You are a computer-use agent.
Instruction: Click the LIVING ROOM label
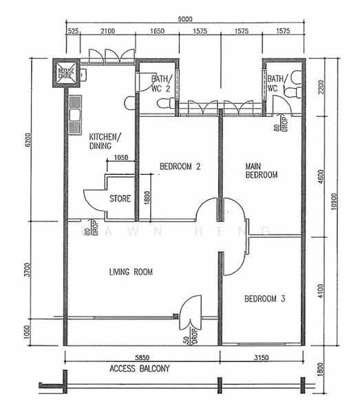(131, 273)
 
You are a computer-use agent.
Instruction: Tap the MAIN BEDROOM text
(261, 170)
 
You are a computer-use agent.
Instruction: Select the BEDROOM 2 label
(180, 166)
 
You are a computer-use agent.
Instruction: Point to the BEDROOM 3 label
(265, 299)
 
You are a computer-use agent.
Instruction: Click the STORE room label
(120, 199)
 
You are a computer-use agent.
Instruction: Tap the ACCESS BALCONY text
(139, 369)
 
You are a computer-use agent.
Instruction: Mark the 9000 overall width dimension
(184, 19)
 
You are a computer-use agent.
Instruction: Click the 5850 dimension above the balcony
(142, 357)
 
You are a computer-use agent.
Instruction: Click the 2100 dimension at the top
(107, 31)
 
